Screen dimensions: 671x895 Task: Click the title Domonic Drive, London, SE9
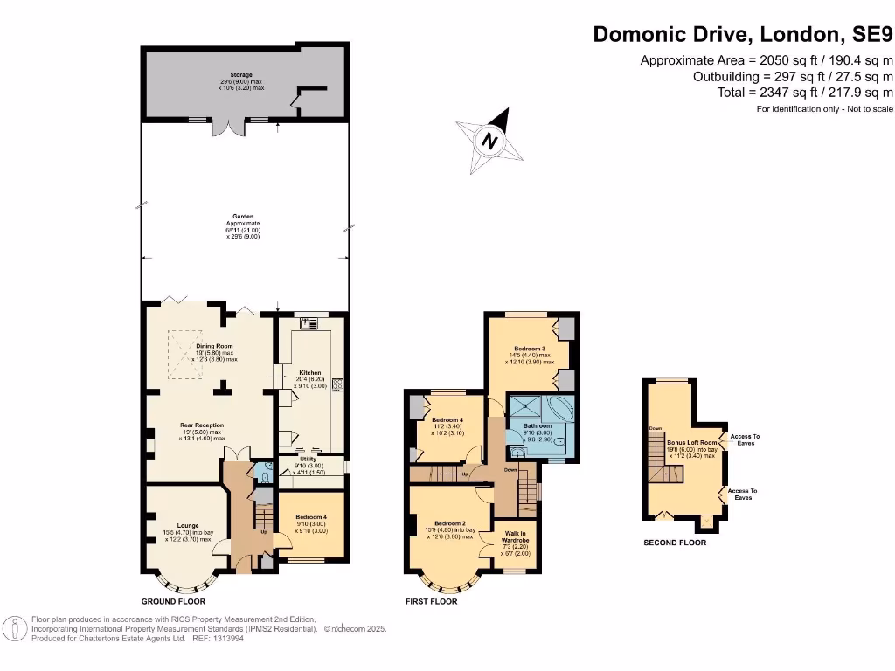(743, 35)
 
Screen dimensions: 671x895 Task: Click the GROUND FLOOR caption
(173, 602)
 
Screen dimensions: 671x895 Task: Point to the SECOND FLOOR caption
(675, 543)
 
